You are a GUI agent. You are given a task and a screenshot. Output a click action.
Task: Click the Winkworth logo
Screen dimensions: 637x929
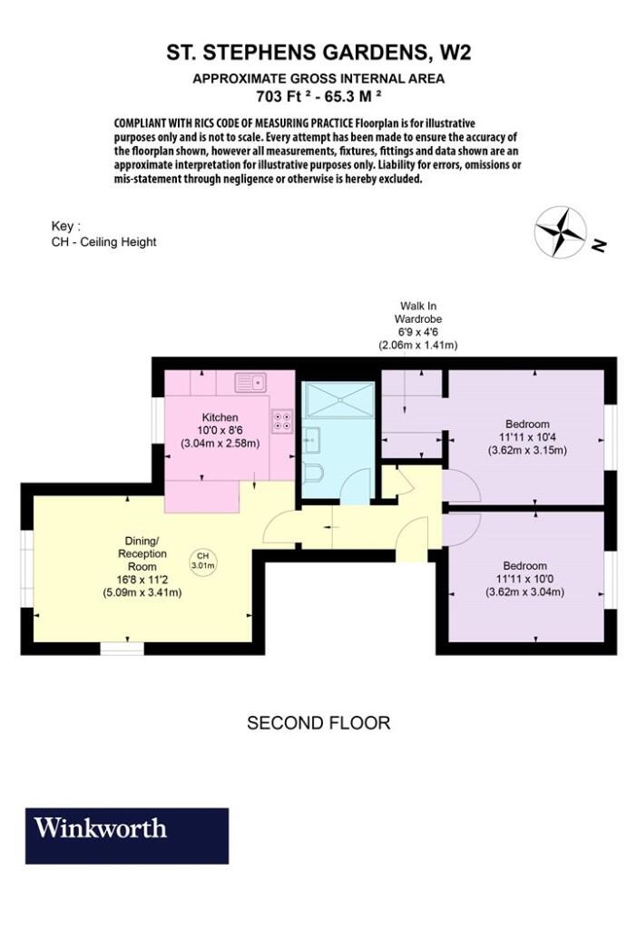pos(127,836)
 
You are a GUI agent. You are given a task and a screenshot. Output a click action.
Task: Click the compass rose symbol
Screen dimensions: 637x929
pos(560,231)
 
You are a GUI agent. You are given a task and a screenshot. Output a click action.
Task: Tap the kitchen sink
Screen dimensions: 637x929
pos(251,382)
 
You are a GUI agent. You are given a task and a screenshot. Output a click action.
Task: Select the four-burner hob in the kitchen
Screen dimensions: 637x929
pos(282,420)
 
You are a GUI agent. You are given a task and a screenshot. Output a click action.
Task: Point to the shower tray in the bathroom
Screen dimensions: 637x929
pos(338,399)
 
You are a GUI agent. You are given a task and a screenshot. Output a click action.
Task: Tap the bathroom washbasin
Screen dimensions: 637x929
pos(310,440)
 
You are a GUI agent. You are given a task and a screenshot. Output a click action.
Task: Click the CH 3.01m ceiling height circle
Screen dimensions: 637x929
pos(202,561)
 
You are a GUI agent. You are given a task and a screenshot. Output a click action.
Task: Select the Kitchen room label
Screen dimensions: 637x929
pos(220,417)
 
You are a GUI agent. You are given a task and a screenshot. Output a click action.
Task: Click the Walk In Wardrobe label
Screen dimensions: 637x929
pos(418,312)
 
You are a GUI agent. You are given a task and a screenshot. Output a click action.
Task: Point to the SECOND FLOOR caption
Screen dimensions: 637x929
pos(318,723)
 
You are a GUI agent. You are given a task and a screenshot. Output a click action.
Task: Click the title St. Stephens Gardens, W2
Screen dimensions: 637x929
pos(318,53)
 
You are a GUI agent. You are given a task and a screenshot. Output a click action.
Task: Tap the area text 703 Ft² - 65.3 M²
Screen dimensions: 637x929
pos(318,95)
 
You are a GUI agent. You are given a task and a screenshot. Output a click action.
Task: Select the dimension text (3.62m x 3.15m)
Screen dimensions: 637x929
pos(527,450)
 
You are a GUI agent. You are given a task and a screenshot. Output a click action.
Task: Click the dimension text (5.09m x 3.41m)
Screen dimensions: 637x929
pos(142,592)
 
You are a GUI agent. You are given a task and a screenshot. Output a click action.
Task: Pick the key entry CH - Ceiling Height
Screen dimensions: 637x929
pos(103,241)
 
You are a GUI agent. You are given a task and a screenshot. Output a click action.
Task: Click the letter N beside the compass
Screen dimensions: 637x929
pos(599,244)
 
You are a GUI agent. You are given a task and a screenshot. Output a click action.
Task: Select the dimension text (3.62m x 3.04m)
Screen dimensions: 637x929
pos(525,592)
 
